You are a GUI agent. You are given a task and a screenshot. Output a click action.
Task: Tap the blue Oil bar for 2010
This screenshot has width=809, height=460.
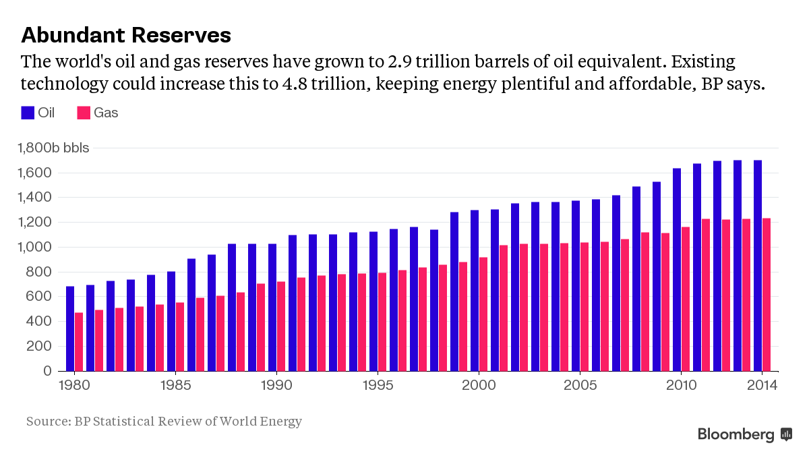pos(677,270)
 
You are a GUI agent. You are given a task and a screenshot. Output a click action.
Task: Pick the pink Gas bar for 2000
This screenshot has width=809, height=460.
pos(483,314)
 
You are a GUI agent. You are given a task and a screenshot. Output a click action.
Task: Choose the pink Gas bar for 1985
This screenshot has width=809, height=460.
pos(180,337)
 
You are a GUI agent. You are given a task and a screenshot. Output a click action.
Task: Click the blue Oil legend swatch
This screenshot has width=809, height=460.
pos(28,113)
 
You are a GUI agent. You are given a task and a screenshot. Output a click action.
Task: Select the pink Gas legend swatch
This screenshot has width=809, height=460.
pos(84,113)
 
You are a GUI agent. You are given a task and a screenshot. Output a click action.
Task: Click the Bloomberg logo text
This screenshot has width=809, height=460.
pos(736,434)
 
